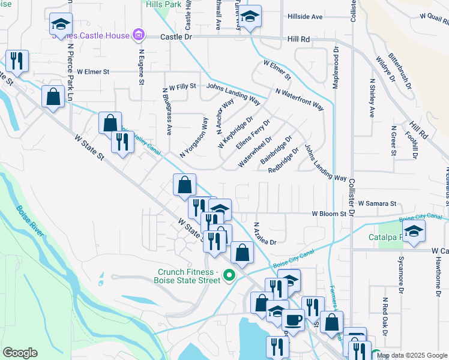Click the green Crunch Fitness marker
pos(228,276)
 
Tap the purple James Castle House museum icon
pos(139,35)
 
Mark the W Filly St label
pos(182,86)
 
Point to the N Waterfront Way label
pos(300,100)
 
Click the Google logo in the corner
pos(20,353)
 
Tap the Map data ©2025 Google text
pos(411,355)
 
